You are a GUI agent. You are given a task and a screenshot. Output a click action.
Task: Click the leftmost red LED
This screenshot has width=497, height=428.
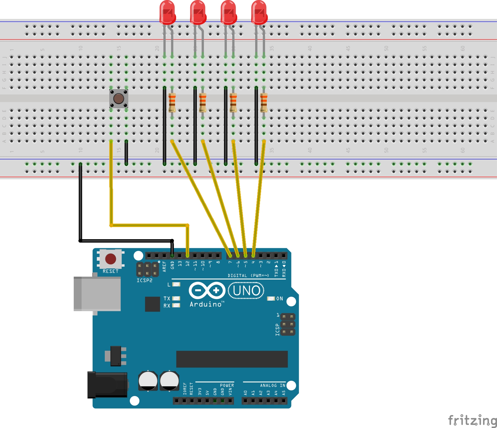click(167, 13)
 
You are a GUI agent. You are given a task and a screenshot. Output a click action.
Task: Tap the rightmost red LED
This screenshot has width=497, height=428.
click(259, 13)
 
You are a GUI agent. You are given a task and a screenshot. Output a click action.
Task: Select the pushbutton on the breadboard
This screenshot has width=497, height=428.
click(119, 99)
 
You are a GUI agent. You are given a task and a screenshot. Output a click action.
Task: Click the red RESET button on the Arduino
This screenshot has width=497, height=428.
click(110, 259)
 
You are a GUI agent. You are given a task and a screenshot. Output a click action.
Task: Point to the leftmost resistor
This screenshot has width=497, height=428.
click(172, 102)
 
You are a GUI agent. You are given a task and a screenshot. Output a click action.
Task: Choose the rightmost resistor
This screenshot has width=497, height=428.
click(264, 102)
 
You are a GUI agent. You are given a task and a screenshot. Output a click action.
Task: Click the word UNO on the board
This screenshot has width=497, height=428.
click(246, 291)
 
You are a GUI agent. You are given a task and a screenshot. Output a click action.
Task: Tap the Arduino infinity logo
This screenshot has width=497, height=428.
click(207, 290)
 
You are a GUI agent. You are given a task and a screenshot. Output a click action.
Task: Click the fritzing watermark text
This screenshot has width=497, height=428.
click(472, 420)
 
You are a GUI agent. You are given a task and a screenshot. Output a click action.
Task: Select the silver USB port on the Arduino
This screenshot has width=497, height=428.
click(97, 294)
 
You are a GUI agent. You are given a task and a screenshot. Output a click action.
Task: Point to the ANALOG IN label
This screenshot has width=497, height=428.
click(272, 386)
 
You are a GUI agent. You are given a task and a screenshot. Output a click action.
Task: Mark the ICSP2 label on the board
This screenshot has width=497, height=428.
click(144, 281)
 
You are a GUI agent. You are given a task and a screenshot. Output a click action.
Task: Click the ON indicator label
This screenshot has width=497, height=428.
click(280, 299)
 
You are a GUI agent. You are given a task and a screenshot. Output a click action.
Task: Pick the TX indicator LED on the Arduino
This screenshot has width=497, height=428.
click(176, 298)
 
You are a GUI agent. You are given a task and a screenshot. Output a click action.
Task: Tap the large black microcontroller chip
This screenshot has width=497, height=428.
click(232, 359)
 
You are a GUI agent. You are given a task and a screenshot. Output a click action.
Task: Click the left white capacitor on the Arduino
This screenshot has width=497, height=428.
click(148, 381)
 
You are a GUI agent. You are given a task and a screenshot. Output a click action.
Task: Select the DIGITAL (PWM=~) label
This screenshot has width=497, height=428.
click(248, 275)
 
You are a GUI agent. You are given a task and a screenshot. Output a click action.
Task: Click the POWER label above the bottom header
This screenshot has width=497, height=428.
click(227, 386)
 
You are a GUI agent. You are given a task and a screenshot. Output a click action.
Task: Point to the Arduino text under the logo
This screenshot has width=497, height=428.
click(206, 304)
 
